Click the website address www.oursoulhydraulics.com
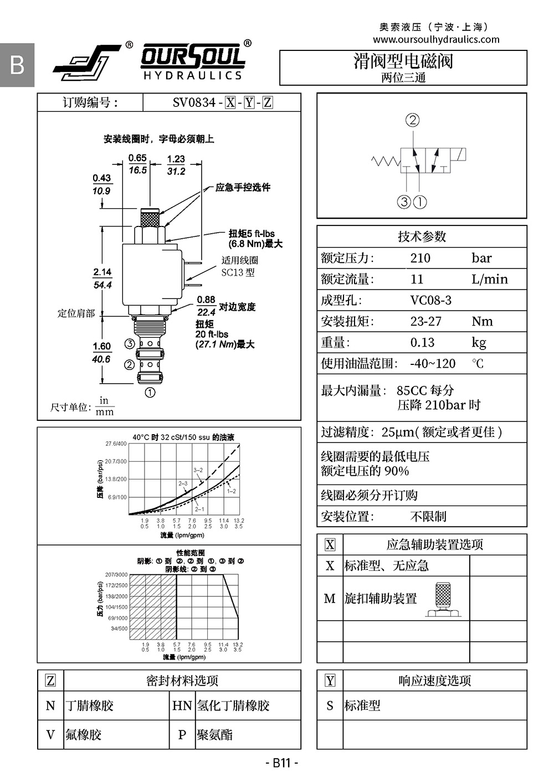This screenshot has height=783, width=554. coord(436,39)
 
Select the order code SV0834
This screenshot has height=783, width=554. coord(194,102)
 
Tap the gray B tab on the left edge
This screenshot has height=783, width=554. coord(17,65)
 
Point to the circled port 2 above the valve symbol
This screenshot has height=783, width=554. coord(412,120)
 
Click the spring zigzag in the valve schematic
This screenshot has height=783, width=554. coord(386,161)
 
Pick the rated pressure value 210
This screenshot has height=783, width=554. coord(420,258)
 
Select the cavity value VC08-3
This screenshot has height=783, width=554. coord(430,300)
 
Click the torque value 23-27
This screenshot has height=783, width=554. coord(425,321)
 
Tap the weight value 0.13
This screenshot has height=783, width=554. coord(422,342)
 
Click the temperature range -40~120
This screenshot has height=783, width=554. coord(433,363)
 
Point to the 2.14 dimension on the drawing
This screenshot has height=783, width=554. coord(102,272)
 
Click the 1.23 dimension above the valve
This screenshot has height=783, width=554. coord(176,159)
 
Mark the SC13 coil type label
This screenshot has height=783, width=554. coord(238,272)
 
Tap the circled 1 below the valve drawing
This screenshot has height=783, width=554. coord(150,392)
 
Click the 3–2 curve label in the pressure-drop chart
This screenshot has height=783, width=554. coord(198,470)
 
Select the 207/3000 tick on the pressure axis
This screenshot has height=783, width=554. coord(116,574)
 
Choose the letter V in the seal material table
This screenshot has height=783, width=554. coord(50,735)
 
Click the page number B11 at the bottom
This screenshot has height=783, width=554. coord(281,763)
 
